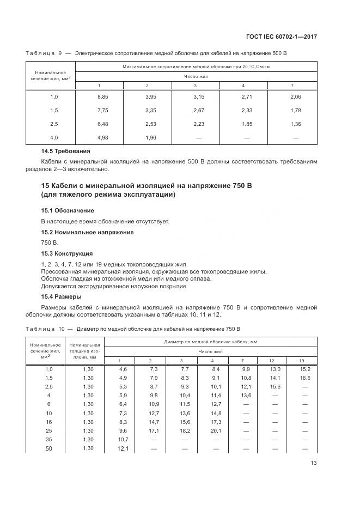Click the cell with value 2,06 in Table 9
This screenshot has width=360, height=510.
point(296,96)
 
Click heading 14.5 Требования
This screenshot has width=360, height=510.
point(66,151)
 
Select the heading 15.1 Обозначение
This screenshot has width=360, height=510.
point(68,210)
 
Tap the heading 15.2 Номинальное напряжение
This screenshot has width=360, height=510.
point(88,232)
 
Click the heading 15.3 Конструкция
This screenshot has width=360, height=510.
point(67,253)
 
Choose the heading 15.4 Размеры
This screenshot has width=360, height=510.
point(62,296)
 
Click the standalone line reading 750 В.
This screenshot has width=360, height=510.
point(49,242)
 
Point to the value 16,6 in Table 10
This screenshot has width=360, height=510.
point(304,378)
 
